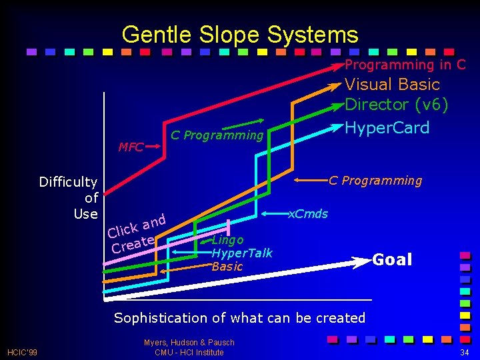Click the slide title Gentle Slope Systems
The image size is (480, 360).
coord(240,34)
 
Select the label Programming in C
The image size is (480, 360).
coord(405,65)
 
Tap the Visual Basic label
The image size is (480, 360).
coord(392,85)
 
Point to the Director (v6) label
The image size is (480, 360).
coord(396,105)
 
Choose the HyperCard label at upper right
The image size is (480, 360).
coord(387,127)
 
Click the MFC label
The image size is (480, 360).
coord(131,147)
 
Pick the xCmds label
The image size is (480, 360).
coord(308,213)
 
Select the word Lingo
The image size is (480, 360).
coord(227,240)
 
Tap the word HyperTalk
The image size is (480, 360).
coord(241,253)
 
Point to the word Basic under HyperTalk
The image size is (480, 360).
coord(227,267)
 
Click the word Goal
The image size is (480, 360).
coord(392,260)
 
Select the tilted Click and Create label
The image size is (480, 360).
coord(135,233)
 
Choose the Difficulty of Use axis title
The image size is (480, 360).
coord(69,197)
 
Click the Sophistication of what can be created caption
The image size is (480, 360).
coord(239,318)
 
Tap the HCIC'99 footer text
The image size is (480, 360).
coord(23,352)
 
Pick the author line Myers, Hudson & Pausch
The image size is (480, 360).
coord(189,343)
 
